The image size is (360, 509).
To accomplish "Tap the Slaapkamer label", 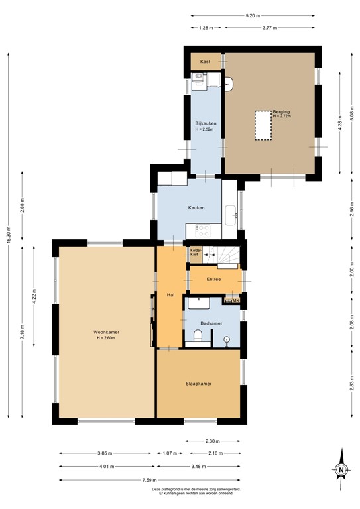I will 198,384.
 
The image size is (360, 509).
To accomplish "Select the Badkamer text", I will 212,323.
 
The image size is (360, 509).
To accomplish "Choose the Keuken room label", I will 196,208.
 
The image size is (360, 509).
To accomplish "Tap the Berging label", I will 281,112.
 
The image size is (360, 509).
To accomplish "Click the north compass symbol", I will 341,469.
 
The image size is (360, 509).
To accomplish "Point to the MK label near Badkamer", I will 235,302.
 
